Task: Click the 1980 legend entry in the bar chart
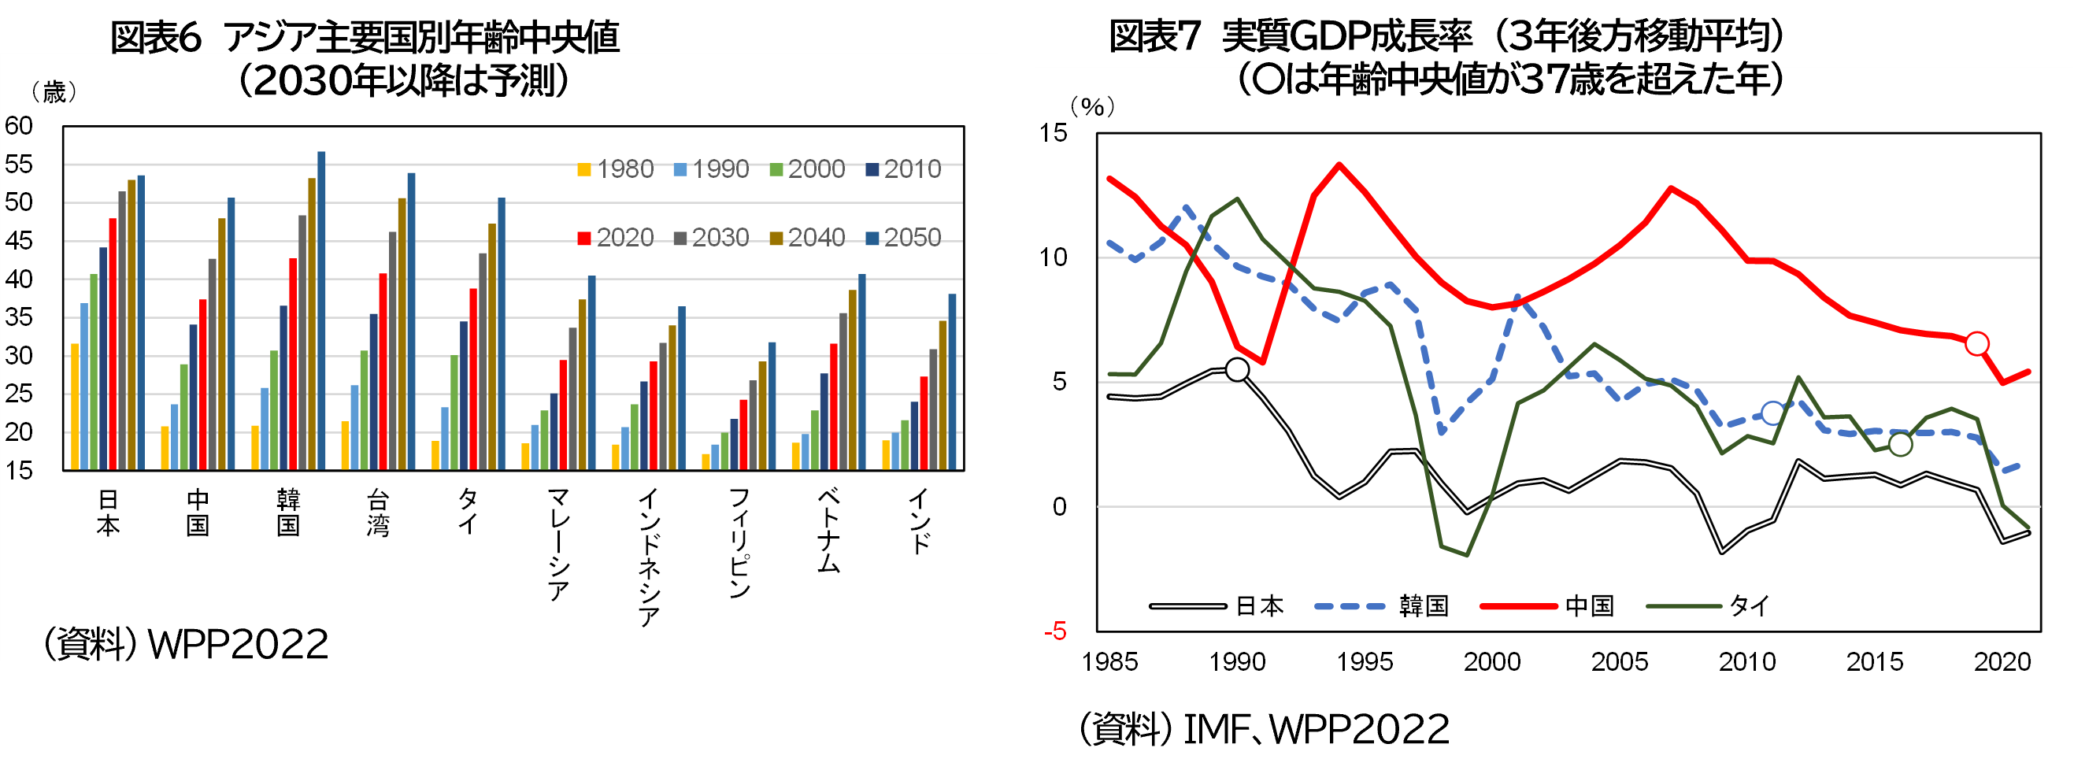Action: pos(615,169)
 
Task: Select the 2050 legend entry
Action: pos(902,238)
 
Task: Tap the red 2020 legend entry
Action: pos(615,238)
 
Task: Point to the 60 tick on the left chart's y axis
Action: pos(19,126)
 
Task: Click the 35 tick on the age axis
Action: pos(19,317)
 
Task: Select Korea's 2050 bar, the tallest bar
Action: pos(321,310)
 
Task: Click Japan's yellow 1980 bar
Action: pos(75,407)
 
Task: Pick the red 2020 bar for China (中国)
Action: pos(203,384)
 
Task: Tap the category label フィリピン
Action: pos(739,542)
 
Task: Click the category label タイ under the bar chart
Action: pos(469,512)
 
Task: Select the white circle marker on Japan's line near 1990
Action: pos(1237,370)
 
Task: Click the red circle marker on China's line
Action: pos(1976,344)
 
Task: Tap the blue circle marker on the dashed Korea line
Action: pos(1772,413)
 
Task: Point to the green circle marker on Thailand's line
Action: pos(1900,444)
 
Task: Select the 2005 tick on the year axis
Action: pos(1619,661)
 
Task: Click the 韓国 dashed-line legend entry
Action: pos(1382,605)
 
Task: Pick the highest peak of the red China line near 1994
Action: pos(1339,165)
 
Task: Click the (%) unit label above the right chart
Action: pos(1092,106)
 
